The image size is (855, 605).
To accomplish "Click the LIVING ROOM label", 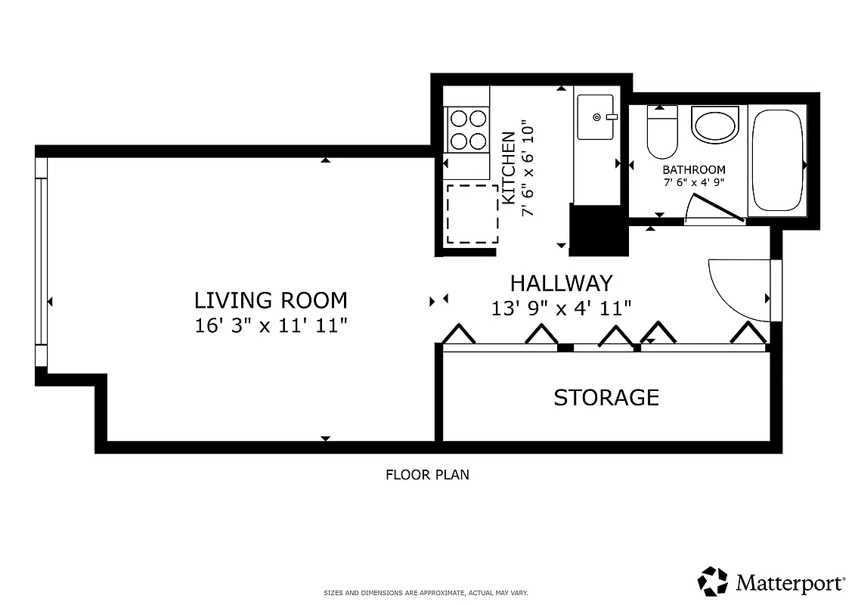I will pos(271,300).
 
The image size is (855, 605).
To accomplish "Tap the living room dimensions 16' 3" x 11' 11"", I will pos(271,326).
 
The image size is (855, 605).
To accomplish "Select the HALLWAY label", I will pos(561,283).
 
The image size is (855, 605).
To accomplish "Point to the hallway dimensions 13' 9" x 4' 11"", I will pos(561,308).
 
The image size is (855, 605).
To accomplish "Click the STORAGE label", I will pos(606,397).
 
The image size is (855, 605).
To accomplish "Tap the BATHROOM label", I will pos(693,170).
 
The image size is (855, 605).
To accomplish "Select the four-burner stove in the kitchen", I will pos(468,129).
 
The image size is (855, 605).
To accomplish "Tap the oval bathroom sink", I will pos(714,126).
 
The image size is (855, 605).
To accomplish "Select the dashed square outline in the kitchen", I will pos(472,213).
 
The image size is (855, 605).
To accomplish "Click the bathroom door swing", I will pos(714,209).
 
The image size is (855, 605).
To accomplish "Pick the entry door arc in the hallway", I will pos(737,290).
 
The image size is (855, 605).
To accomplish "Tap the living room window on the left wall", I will pos(42,262).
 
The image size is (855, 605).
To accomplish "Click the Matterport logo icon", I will pos(712,582).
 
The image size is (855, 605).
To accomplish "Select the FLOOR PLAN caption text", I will pos(427,475).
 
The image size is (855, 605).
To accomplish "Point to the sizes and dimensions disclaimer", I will pos(426,593).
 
